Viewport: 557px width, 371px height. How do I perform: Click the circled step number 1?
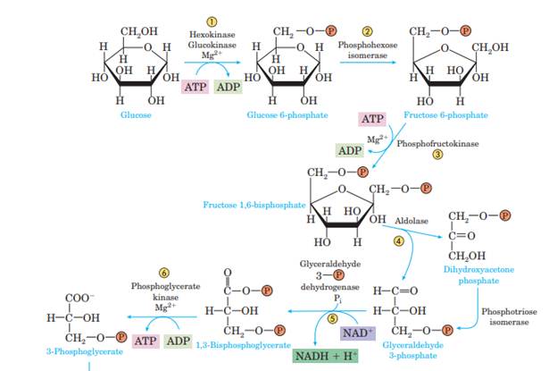pyautogui.click(x=212, y=21)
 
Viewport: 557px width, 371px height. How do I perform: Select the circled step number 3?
pyautogui.click(x=438, y=154)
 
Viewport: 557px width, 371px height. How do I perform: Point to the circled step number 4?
pyautogui.click(x=399, y=240)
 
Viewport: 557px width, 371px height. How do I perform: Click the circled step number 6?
pyautogui.click(x=163, y=272)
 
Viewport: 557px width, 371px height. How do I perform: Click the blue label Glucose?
pyautogui.click(x=135, y=116)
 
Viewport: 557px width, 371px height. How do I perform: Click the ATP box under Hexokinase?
pyautogui.click(x=194, y=87)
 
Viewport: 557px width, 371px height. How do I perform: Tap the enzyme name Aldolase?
pyautogui.click(x=412, y=220)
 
